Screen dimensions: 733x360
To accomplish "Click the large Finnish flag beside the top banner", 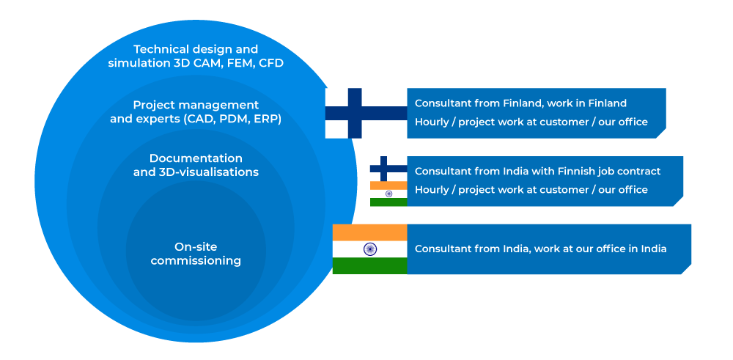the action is coord(366,113).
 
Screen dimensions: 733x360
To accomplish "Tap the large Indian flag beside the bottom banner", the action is coord(369,249).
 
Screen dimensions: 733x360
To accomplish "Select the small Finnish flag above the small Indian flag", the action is coord(388,169).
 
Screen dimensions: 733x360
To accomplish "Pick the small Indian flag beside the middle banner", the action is coord(388,194).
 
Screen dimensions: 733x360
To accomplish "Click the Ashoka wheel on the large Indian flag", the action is coord(369,249).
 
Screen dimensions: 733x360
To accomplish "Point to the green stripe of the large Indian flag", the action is coord(369,266).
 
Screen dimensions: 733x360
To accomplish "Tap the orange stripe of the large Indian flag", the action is coord(369,232).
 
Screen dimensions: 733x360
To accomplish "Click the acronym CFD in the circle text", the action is coord(270,63).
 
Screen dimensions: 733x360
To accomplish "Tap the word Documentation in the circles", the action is coord(196,158).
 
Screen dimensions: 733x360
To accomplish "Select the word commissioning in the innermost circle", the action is coord(196,261).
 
